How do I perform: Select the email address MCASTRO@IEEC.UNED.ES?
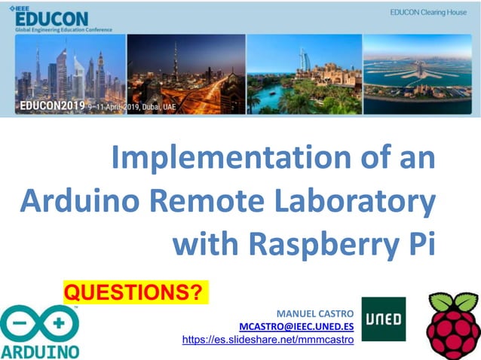pos(296,326)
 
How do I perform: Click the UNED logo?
pos(383,319)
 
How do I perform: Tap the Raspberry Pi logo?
pos(452,325)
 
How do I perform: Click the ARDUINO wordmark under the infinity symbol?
pos(39,351)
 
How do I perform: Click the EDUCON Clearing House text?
pos(428,13)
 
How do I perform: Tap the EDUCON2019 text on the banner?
pos(52,105)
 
